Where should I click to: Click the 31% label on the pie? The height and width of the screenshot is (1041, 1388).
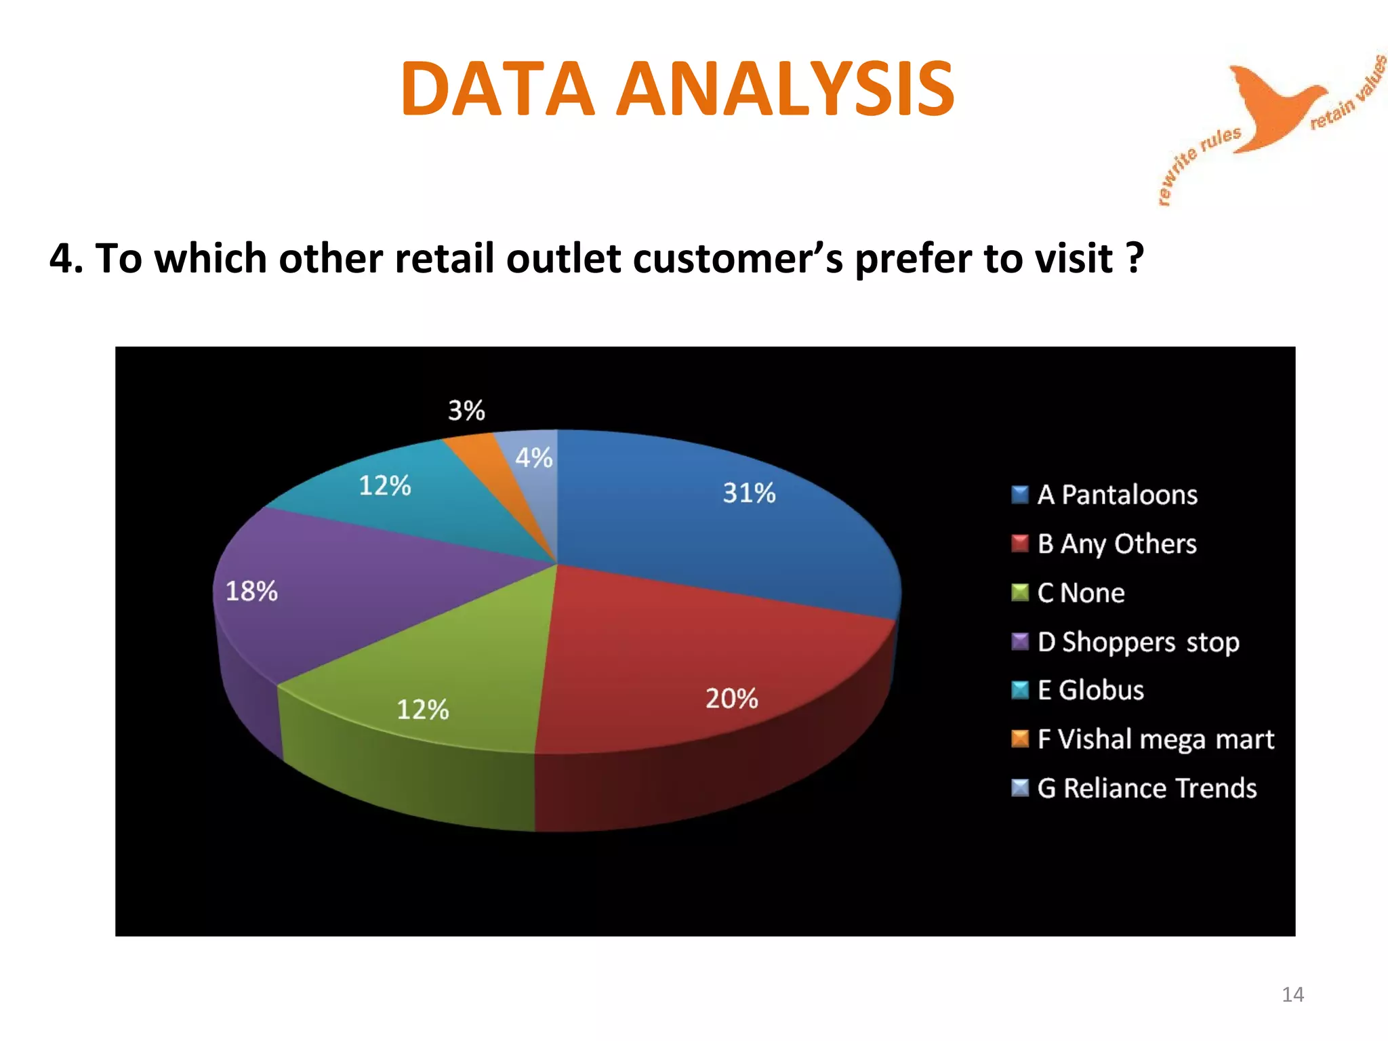point(749,493)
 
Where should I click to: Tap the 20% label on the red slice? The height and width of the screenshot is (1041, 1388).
point(731,698)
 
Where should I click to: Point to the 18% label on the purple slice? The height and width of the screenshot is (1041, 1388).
point(251,591)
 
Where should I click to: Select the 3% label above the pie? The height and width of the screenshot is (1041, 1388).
point(466,410)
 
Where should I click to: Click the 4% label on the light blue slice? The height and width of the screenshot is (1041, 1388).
point(534,457)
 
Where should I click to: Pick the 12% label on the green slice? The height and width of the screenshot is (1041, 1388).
point(422,710)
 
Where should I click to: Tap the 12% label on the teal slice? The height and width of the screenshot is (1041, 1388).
point(384,485)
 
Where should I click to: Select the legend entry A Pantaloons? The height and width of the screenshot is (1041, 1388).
point(1117,495)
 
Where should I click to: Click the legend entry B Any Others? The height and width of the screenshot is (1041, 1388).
point(1116,544)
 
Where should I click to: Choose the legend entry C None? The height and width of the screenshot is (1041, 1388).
point(1080,593)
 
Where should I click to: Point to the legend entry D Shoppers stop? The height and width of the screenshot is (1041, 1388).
point(1138,642)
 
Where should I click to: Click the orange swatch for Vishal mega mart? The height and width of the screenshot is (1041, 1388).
point(1019,739)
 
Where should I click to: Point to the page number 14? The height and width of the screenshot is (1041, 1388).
point(1292,994)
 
